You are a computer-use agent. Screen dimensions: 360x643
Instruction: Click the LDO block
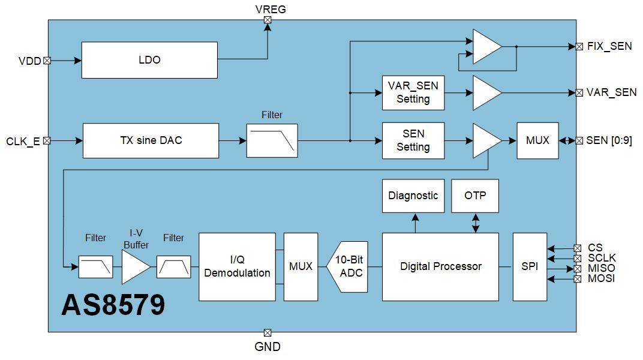point(149,60)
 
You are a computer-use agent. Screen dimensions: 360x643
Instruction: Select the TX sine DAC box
point(151,140)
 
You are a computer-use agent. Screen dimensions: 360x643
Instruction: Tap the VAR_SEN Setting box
point(413,92)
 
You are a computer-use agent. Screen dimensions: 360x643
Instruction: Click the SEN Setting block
point(413,140)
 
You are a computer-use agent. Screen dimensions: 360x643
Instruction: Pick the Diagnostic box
point(413,196)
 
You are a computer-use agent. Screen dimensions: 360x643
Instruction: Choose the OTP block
point(475,196)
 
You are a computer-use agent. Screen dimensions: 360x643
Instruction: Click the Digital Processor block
point(440,266)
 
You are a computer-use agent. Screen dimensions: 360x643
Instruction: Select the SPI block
point(530,266)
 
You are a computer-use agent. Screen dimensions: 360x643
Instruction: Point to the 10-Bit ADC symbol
point(348,266)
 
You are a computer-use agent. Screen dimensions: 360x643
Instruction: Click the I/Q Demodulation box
point(237,266)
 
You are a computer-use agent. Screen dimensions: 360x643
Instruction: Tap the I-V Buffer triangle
point(134,266)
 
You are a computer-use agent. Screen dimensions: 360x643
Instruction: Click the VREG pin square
point(268,20)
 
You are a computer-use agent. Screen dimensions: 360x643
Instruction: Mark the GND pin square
point(268,332)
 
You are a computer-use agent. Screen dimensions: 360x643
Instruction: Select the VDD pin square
point(47,60)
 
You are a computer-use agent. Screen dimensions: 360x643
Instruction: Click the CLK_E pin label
point(23,142)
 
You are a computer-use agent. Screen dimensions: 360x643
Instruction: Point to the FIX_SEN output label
point(609,46)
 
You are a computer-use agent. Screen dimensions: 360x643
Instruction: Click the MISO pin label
point(601,268)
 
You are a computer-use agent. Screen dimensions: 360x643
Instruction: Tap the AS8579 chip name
point(113,305)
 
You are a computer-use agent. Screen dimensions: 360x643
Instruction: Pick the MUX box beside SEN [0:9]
point(537,140)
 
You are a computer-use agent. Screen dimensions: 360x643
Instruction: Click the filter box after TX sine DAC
point(272,140)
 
